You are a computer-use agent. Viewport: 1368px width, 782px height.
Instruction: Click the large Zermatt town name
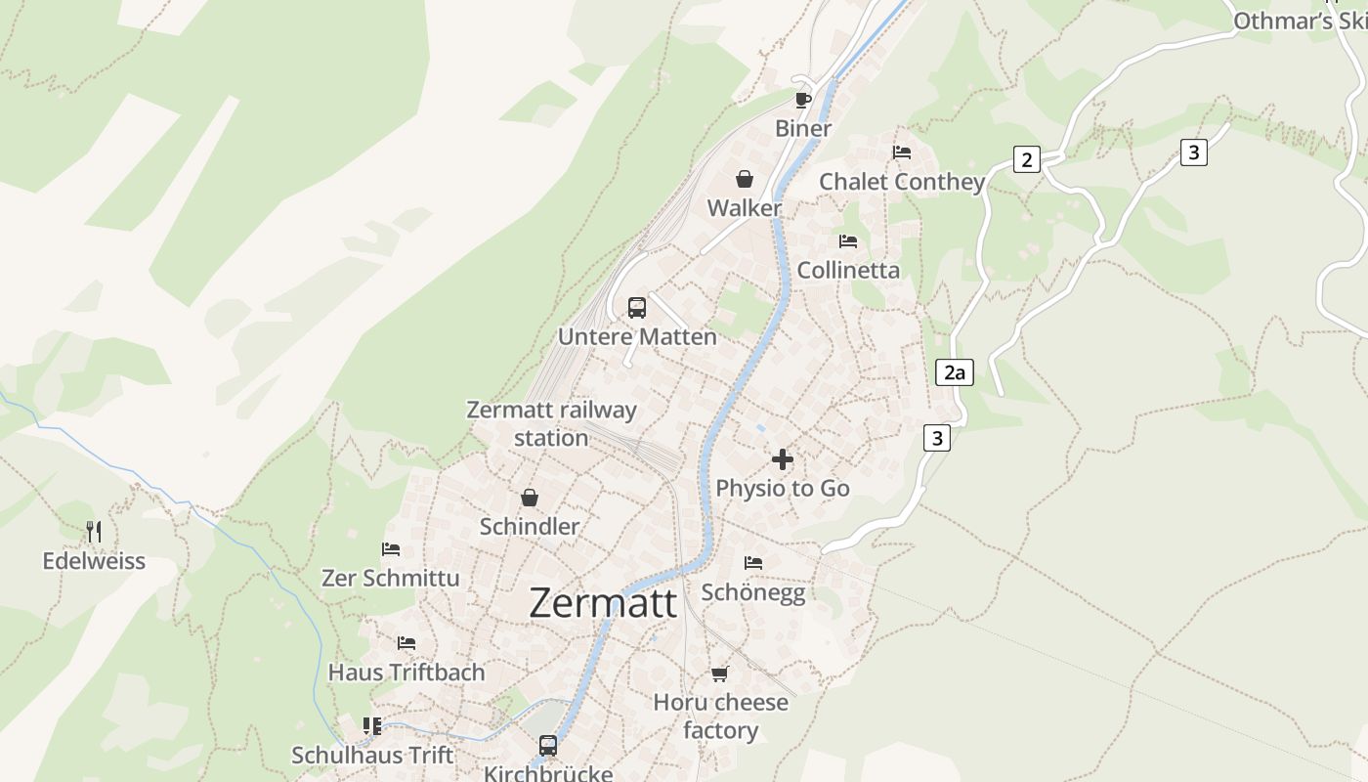[x=603, y=603]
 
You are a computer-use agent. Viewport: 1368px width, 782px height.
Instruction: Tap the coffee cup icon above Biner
[x=802, y=100]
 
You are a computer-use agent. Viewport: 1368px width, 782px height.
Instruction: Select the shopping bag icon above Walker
[x=745, y=179]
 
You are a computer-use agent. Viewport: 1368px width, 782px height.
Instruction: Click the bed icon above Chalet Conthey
[x=902, y=152]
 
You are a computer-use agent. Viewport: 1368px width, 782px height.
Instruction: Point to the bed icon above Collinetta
[x=848, y=240]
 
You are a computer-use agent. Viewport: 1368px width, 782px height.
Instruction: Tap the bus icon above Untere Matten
[x=637, y=308]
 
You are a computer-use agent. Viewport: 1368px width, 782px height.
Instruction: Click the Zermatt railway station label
[x=551, y=423]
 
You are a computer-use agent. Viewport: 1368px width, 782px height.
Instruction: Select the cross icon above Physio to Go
[x=783, y=459]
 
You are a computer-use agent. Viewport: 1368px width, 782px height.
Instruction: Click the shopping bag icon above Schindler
[x=530, y=499]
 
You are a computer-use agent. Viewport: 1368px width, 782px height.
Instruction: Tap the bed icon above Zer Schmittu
[x=391, y=549]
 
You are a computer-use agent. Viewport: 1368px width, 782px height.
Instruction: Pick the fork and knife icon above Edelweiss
[x=94, y=532]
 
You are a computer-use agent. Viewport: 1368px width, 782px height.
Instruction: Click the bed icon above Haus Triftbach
[x=406, y=643]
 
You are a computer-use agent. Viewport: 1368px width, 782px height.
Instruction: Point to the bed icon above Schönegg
[x=753, y=563]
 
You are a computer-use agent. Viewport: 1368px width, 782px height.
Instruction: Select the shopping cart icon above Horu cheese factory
[x=720, y=673]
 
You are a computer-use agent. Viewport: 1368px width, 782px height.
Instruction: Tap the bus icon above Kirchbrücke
[x=548, y=746]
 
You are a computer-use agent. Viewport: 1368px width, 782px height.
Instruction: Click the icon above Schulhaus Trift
[x=372, y=726]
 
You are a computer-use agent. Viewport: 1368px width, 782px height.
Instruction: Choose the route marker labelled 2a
[x=955, y=372]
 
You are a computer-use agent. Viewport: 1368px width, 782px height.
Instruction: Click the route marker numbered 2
[x=1026, y=159]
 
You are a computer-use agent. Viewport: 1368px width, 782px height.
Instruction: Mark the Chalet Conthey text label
[x=902, y=182]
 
